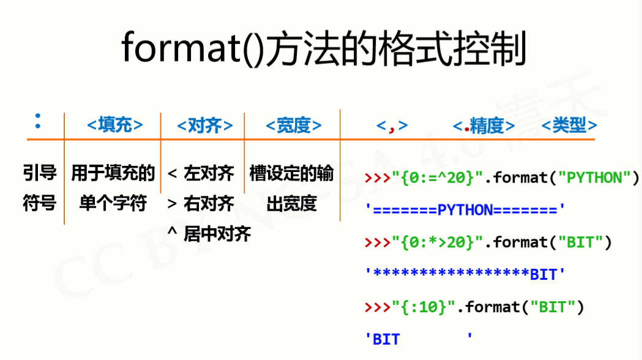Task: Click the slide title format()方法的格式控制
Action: click(x=324, y=49)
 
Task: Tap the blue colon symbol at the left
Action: click(x=38, y=121)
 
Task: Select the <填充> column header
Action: click(x=115, y=126)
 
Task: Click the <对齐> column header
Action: click(x=204, y=126)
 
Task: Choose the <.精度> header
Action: click(x=483, y=126)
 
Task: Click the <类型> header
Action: click(x=569, y=126)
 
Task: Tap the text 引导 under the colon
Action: click(x=40, y=174)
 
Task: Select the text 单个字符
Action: click(x=113, y=203)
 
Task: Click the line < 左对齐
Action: click(x=201, y=174)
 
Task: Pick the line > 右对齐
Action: click(x=201, y=203)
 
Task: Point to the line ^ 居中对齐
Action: click(x=209, y=233)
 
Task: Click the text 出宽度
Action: click(x=291, y=203)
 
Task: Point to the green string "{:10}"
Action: click(x=424, y=307)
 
